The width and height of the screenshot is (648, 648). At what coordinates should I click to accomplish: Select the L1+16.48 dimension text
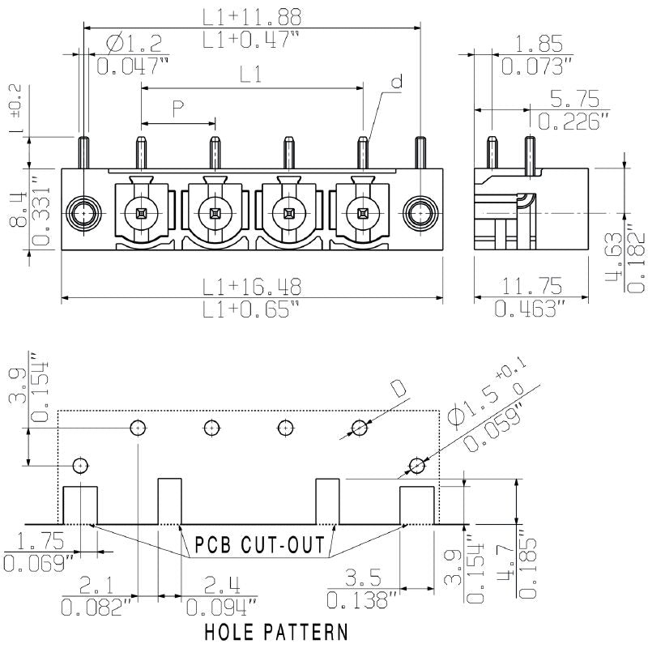click(x=252, y=285)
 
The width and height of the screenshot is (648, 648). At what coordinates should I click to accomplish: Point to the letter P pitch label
click(x=177, y=109)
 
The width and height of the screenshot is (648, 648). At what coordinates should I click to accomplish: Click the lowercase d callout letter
click(x=396, y=82)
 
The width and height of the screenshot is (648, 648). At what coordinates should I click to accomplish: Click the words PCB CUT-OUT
click(x=260, y=544)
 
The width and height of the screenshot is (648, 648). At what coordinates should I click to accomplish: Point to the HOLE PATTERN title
click(x=276, y=630)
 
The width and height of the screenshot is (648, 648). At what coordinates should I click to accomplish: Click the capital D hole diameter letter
click(x=399, y=389)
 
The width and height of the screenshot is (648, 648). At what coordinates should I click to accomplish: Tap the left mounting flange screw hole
click(x=84, y=213)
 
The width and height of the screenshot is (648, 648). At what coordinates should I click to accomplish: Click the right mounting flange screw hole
click(x=419, y=213)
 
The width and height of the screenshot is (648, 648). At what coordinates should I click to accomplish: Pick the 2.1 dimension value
click(x=97, y=583)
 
